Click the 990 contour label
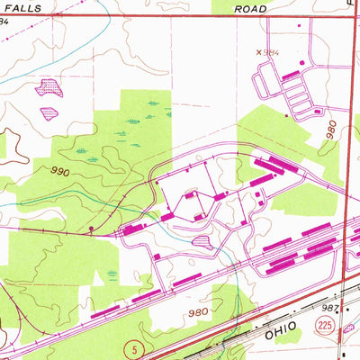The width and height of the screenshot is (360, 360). click(59, 169)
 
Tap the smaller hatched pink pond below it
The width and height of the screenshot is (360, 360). click(48, 112)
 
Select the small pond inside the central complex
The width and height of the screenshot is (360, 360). click(202, 241)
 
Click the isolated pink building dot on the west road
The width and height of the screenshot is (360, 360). click(92, 229)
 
